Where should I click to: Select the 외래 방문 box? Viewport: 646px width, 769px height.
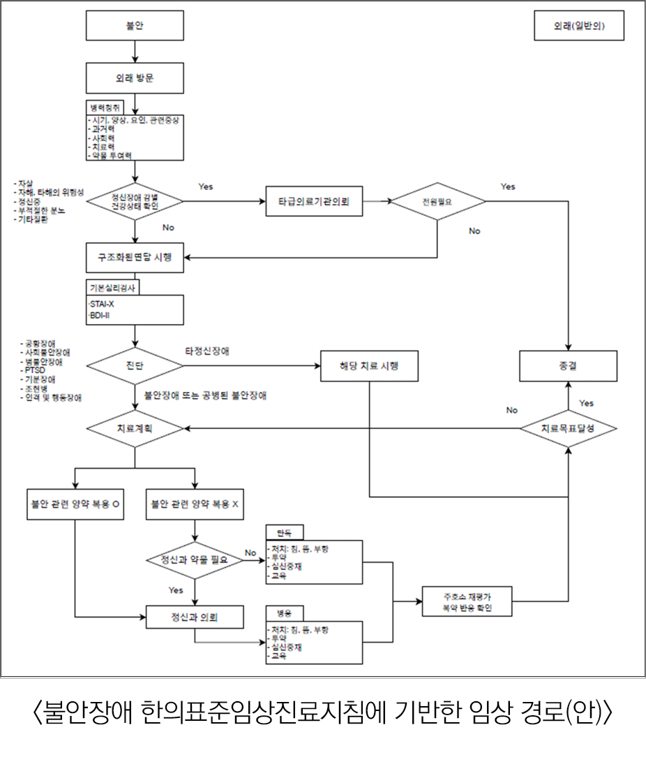[135, 78]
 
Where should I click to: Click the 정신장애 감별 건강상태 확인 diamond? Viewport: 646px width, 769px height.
[135, 202]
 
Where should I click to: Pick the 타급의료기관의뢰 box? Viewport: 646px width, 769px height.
[314, 202]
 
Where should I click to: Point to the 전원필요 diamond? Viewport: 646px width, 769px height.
[437, 202]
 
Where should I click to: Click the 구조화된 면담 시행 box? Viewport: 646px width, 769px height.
[135, 258]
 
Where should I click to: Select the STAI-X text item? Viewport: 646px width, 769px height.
[103, 304]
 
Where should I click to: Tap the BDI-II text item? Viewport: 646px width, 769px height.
[101, 316]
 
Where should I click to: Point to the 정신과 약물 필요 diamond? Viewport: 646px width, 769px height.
[195, 560]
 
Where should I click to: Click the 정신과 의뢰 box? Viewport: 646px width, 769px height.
[195, 617]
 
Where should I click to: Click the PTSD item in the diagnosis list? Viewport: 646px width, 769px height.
[34, 369]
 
